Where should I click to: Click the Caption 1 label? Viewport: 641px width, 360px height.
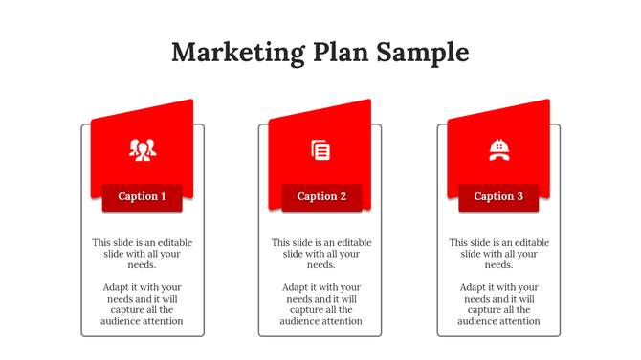[x=143, y=197]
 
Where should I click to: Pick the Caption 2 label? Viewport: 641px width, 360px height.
[x=322, y=197]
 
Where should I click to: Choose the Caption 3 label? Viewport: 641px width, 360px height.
[x=499, y=197]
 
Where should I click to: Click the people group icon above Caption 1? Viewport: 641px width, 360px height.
[x=143, y=148]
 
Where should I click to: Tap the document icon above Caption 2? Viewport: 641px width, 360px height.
[x=320, y=149]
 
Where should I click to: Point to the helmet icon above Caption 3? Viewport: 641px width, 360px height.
[x=498, y=148]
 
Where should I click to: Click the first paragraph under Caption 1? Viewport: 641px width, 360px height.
[x=143, y=254]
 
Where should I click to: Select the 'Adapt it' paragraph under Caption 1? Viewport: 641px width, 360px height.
[x=143, y=304]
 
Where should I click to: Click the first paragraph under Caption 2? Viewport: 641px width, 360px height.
[x=321, y=254]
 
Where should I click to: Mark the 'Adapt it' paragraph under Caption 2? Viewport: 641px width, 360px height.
[x=321, y=304]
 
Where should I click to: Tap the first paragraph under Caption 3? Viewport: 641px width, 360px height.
[x=499, y=254]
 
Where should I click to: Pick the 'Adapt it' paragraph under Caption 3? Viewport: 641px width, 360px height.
[x=499, y=304]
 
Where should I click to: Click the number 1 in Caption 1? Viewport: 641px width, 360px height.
[x=164, y=197]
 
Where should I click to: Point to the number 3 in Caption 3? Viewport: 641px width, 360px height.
[x=519, y=197]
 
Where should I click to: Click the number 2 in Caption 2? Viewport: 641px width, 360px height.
[x=343, y=197]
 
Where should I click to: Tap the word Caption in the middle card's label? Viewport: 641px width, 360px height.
[x=317, y=197]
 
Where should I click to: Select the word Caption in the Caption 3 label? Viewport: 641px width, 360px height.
[x=494, y=197]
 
